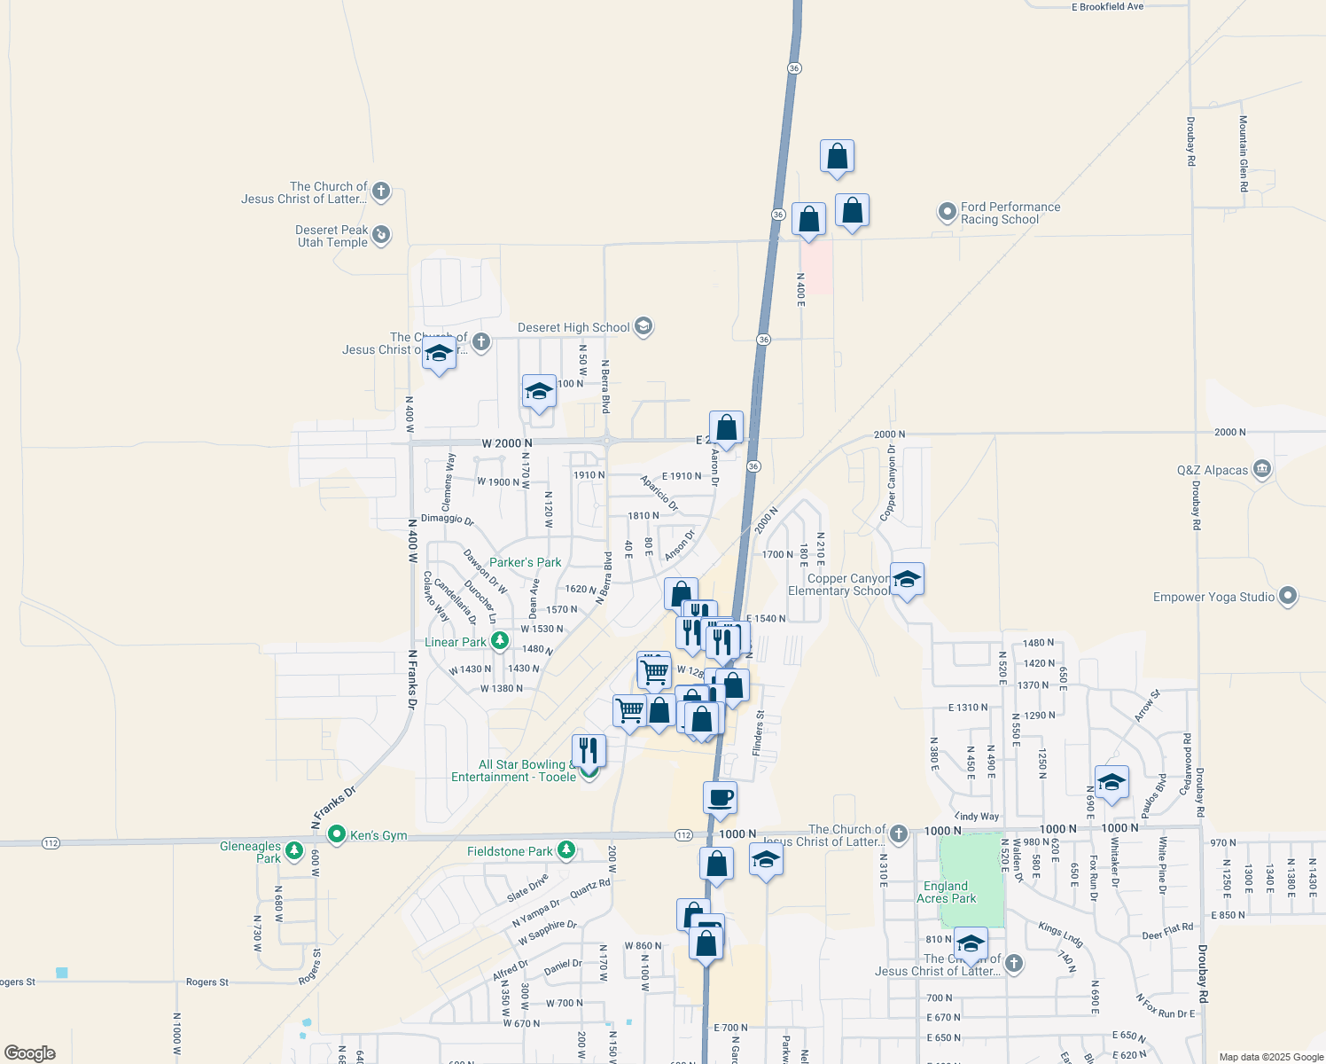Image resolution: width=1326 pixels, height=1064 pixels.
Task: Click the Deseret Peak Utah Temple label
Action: [332, 236]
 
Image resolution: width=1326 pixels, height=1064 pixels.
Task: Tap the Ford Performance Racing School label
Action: [1010, 213]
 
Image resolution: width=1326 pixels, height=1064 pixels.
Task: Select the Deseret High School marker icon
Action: [644, 327]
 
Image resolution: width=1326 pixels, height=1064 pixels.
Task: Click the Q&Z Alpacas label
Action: [1213, 470]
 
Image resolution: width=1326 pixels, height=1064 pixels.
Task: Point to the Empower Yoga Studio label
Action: [1213, 597]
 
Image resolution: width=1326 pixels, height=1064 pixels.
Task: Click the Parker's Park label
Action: [525, 562]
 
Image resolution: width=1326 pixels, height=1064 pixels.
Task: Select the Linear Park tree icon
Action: [500, 640]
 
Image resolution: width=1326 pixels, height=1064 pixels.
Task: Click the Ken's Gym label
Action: [378, 835]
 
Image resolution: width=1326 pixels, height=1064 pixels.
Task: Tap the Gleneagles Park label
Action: [251, 852]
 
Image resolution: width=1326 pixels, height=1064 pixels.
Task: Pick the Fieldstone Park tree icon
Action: [566, 851]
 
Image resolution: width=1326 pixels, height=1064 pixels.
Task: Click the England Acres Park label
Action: [946, 892]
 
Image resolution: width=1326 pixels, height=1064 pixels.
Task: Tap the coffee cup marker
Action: [720, 797]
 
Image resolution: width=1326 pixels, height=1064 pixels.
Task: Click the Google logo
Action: [30, 1053]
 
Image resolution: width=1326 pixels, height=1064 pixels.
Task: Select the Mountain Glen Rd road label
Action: [1244, 153]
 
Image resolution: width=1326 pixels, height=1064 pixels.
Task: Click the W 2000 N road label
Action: [507, 443]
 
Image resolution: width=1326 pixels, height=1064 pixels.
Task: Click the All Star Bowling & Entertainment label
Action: [514, 771]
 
